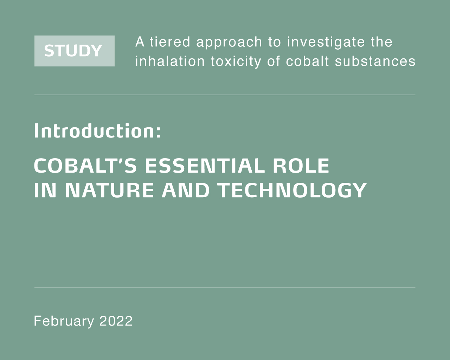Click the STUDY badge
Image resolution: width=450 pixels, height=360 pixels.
(x=74, y=51)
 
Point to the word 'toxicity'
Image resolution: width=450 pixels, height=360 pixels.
(x=236, y=62)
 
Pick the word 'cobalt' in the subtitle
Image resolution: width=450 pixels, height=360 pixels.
(x=308, y=61)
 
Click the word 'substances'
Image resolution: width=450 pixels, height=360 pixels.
(x=375, y=61)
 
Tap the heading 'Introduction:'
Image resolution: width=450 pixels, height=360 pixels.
(x=97, y=131)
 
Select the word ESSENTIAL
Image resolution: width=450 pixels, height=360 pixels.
(x=205, y=166)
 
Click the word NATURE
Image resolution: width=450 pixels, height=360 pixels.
(x=109, y=190)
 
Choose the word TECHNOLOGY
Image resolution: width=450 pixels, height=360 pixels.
(x=292, y=190)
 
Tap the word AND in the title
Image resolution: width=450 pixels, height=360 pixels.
(x=186, y=190)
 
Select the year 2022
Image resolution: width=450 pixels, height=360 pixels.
(x=116, y=321)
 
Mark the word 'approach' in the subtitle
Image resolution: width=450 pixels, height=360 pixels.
(x=229, y=43)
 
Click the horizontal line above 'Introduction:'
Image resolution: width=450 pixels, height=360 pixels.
(x=225, y=95)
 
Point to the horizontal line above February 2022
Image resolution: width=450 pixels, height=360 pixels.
(x=225, y=288)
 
